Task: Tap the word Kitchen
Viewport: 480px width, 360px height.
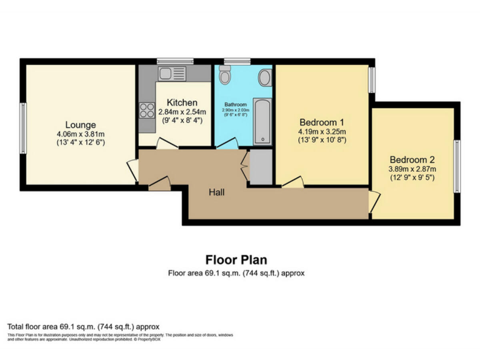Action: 182,102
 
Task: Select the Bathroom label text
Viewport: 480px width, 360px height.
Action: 236,104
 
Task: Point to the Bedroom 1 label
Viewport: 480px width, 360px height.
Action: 322,122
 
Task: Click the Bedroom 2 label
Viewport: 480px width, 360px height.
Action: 412,159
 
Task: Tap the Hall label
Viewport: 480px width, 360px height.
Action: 216,192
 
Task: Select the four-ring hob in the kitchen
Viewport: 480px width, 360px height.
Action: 147,111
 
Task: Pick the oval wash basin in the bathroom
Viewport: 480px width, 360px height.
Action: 265,78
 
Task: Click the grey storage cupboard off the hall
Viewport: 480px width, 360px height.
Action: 259,167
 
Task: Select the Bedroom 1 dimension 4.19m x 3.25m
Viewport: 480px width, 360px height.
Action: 322,131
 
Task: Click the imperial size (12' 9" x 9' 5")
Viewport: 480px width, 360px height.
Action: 412,177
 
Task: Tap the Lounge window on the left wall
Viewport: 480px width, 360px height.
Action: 22,127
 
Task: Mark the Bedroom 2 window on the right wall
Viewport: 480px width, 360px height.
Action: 457,166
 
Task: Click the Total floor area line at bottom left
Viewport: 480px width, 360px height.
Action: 83,326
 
